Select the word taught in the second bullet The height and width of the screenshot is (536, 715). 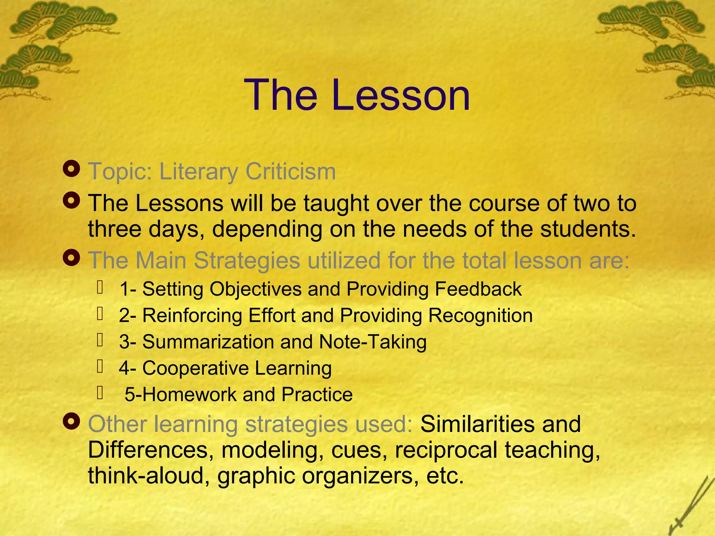[336, 203]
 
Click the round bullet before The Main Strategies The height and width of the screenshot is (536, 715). [72, 259]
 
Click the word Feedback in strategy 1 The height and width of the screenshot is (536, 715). [478, 289]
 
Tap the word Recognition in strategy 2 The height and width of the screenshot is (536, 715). [480, 316]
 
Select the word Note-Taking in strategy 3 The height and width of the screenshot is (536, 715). [373, 342]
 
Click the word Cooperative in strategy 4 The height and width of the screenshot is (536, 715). [196, 368]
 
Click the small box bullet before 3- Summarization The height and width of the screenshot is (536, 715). [100, 340]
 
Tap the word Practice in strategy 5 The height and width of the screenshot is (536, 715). [317, 395]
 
